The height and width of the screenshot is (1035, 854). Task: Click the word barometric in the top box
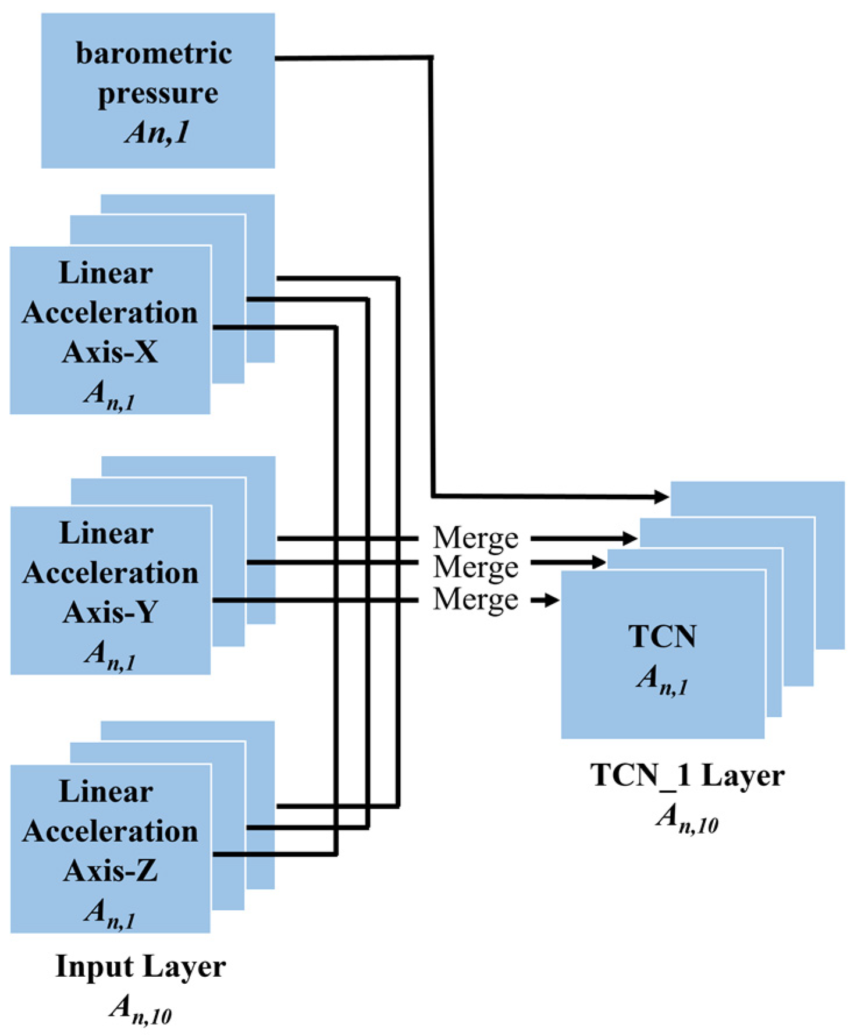tap(154, 54)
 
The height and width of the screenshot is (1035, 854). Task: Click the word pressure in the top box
tap(158, 93)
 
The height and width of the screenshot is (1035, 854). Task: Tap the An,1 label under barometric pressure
tap(158, 132)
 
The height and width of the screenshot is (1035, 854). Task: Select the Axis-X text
tap(110, 352)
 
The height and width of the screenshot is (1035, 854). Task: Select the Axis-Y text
tap(110, 612)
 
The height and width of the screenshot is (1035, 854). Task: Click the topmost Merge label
tap(475, 538)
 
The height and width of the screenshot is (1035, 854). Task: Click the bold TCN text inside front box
tap(662, 636)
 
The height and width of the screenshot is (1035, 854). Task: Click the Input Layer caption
tap(140, 967)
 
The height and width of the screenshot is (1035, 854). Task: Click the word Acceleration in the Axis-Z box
tap(110, 831)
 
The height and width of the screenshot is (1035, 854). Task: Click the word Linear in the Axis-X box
tap(106, 273)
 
